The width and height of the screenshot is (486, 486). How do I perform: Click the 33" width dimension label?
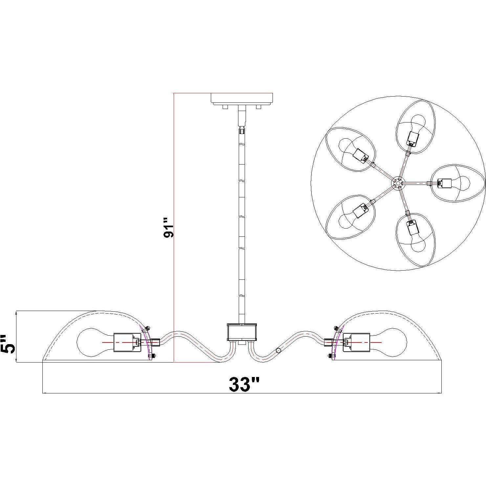[244, 384]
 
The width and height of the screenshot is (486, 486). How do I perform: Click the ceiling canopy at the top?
[242, 99]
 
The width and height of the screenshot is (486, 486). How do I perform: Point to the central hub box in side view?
[242, 332]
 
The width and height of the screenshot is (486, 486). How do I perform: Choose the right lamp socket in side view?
[356, 342]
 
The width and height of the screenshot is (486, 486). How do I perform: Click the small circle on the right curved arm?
[278, 351]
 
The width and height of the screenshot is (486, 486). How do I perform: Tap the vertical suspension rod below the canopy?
[242, 213]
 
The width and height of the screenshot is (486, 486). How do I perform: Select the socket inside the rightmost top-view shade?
[445, 183]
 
